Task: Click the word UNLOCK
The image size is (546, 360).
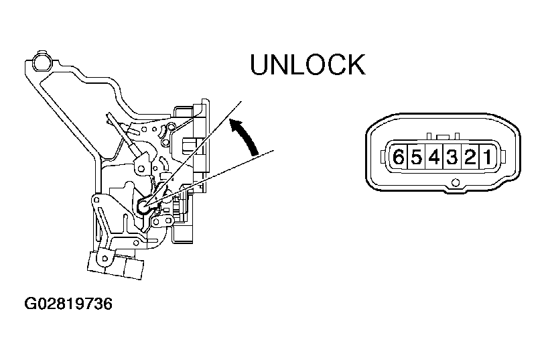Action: click(308, 65)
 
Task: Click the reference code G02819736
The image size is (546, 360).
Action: click(68, 304)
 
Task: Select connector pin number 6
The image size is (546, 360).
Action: click(399, 157)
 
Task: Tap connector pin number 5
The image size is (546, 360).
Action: click(417, 157)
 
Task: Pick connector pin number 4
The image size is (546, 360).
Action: click(434, 157)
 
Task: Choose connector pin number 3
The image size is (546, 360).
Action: click(452, 157)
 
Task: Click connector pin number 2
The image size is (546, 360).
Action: click(470, 157)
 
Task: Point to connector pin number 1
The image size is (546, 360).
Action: click(487, 157)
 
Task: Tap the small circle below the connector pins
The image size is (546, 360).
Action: click(454, 182)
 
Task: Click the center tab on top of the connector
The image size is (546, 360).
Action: click(442, 137)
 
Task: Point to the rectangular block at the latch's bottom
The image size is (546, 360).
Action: click(115, 265)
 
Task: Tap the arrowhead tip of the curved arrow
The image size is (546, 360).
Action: click(230, 121)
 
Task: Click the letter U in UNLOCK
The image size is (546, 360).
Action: click(260, 65)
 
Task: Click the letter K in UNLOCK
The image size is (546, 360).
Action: click(356, 65)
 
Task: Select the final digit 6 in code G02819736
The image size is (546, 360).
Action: click(108, 304)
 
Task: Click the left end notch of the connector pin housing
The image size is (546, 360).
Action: click(384, 156)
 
